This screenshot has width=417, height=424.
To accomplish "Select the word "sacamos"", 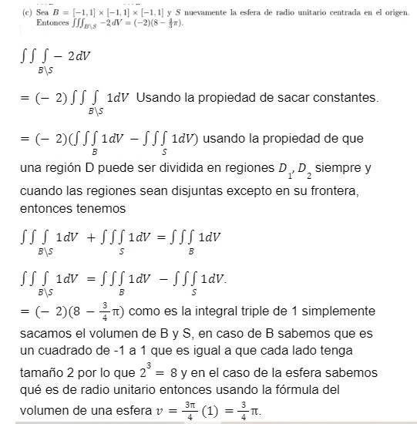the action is (49, 332).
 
